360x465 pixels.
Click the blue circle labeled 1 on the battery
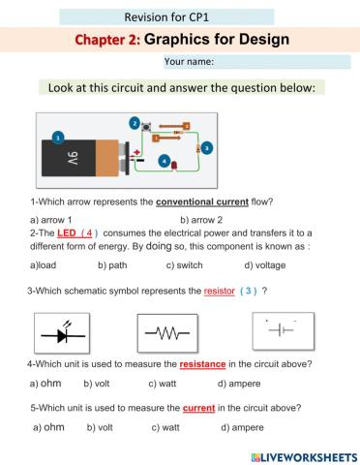tap(57, 139)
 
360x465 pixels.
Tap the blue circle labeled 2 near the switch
tap(134, 122)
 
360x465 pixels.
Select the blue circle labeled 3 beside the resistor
tap(207, 146)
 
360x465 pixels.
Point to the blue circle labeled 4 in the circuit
tap(164, 160)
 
